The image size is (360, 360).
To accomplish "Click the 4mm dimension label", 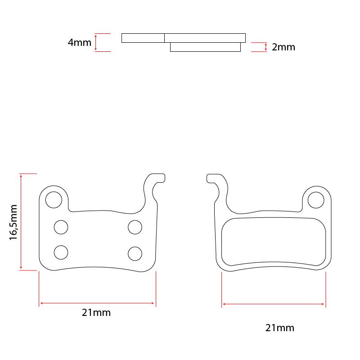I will pyautogui.click(x=79, y=43).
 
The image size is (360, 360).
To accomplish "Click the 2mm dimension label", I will pyautogui.click(x=283, y=47).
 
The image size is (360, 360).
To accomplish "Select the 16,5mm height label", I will pyautogui.click(x=13, y=222).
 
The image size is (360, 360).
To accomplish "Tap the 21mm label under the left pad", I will pyautogui.click(x=96, y=313).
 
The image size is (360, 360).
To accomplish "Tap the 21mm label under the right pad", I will pyautogui.click(x=280, y=328).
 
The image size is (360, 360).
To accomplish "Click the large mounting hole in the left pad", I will pyautogui.click(x=54, y=199).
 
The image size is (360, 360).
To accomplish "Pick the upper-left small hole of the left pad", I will pyautogui.click(x=61, y=227).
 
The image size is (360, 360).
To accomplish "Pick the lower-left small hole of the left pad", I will pyautogui.click(x=61, y=252).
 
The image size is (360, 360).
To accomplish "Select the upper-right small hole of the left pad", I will pyautogui.click(x=135, y=227).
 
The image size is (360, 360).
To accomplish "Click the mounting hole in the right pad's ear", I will pyautogui.click(x=316, y=200).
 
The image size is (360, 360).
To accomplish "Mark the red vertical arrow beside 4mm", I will pyautogui.click(x=96, y=43).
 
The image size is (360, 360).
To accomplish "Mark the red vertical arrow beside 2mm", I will pyautogui.click(x=266, y=47).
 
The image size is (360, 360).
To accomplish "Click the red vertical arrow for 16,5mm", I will pyautogui.click(x=21, y=222).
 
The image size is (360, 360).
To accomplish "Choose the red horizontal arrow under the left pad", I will pyautogui.click(x=97, y=303).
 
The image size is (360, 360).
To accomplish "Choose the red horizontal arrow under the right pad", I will pyautogui.click(x=274, y=304).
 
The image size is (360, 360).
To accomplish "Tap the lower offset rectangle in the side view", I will pyautogui.click(x=205, y=47).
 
